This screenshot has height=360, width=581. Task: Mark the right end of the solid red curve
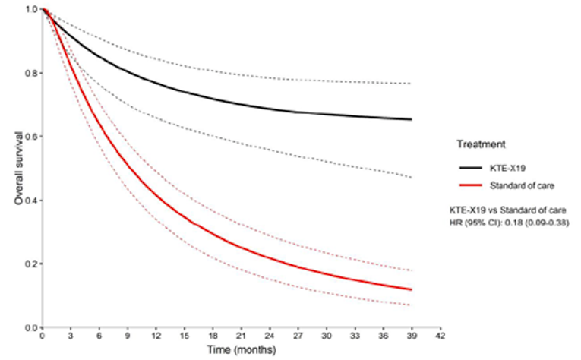point(412,289)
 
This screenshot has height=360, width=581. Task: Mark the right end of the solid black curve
point(412,119)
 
